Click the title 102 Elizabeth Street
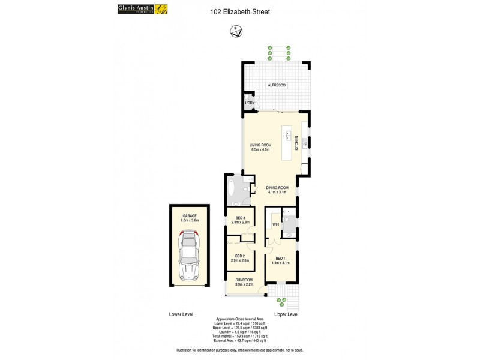tap(240, 11)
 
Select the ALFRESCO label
tap(277, 86)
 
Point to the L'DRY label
tap(250, 103)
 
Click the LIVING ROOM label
tap(260, 145)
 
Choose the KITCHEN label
tap(296, 143)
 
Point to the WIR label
tap(275, 225)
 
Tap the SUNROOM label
tap(243, 280)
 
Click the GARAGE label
tap(190, 216)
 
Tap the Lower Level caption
tap(181, 314)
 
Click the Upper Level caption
tap(286, 314)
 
